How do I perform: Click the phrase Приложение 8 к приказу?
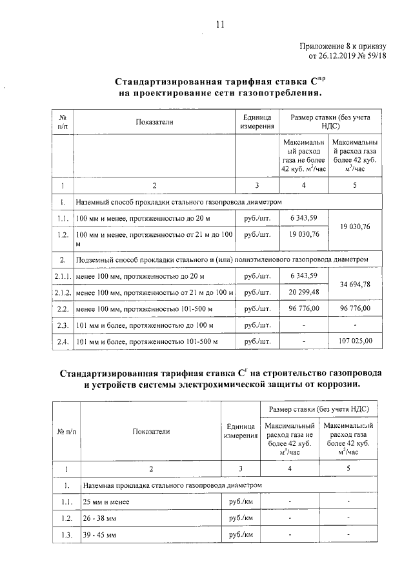343,46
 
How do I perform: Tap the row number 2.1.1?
63,277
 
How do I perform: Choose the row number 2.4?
63,341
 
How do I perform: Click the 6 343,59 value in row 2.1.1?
305,277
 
